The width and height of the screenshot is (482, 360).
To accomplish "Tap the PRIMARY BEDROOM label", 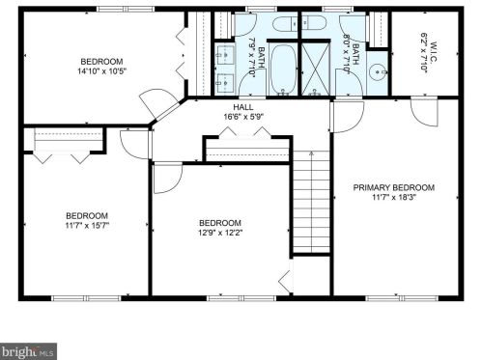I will coord(393,187).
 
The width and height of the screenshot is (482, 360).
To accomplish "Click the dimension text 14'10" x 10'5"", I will coord(100,70).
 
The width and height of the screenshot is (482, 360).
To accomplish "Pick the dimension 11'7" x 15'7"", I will coord(87,226).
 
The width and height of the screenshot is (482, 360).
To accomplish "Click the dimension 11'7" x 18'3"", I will coord(393,198).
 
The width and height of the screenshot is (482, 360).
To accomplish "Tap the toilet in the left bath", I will coord(286,25).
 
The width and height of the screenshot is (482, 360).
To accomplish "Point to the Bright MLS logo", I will coord(27,351).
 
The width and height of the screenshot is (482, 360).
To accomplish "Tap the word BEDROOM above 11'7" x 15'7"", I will coord(87,215).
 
